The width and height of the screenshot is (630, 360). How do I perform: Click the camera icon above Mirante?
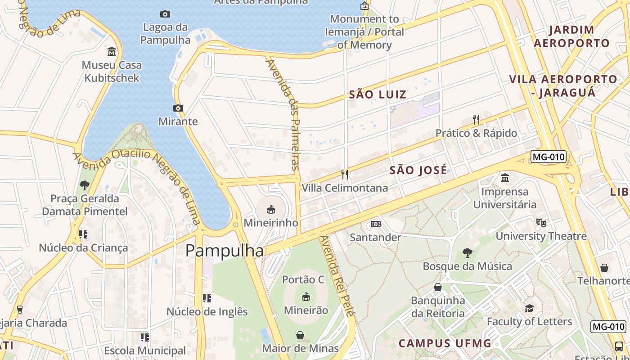178,108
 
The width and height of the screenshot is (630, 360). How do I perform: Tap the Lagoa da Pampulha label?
165,34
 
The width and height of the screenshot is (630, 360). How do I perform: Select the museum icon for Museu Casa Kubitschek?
112,52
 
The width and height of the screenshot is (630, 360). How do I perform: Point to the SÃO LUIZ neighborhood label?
378,94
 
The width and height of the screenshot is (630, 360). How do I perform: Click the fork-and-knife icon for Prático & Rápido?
476,119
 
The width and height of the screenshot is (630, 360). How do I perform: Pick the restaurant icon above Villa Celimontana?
345,174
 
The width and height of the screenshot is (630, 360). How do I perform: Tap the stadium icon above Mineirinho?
271,209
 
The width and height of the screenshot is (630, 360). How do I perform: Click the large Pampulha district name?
224,251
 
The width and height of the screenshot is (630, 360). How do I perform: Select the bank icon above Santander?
375,224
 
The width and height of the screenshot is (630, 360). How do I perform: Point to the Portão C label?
303,279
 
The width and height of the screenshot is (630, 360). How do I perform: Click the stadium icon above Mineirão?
306,297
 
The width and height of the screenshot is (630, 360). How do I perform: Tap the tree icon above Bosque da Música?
467,253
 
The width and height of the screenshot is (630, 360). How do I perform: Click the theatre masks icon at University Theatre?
541,222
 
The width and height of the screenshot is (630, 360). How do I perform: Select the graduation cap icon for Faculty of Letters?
529,308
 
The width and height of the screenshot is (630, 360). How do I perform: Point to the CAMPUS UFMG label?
445,343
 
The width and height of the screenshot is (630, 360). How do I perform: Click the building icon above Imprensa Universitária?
504,178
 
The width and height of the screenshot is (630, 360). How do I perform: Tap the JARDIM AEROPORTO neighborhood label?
571,36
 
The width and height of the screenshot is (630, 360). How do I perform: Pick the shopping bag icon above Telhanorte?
604,268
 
